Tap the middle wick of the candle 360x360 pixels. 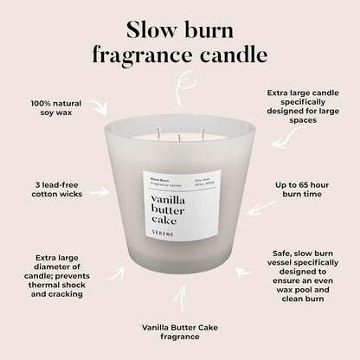coord(177,136)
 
